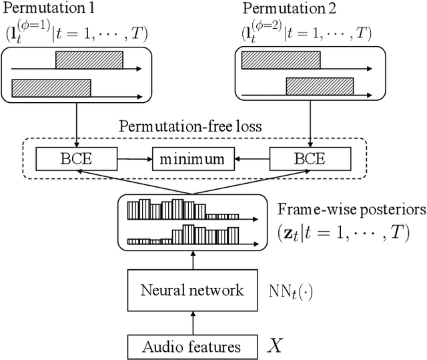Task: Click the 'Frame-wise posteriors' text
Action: tap(351, 208)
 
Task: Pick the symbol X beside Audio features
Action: tap(274, 345)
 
